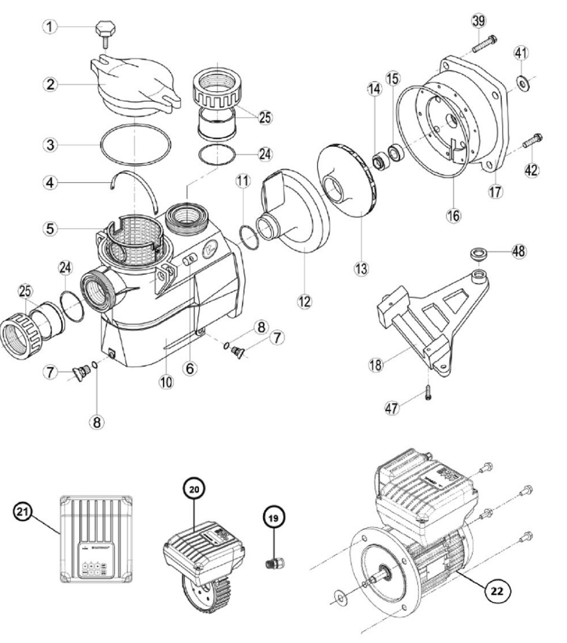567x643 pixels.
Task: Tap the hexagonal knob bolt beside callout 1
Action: [x=104, y=30]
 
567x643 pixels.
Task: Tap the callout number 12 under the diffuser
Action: [x=304, y=302]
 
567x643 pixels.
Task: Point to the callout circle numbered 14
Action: [x=374, y=90]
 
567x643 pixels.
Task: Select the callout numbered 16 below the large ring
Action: [x=453, y=215]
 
